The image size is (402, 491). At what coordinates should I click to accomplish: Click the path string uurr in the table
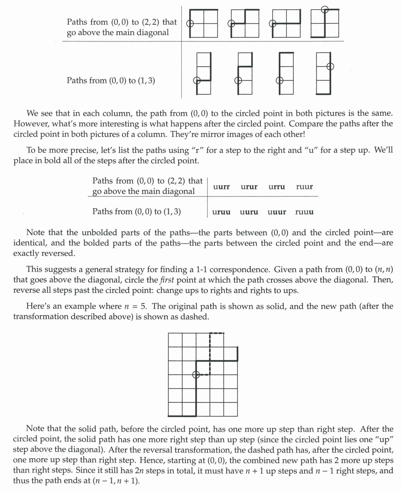[221, 187]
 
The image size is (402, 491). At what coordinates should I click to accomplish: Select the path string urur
[249, 187]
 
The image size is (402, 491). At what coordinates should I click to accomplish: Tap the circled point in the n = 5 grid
[196, 375]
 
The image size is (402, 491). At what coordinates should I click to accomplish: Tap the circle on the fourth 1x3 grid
[330, 66]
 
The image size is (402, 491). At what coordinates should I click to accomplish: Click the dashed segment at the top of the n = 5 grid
[217, 333]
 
